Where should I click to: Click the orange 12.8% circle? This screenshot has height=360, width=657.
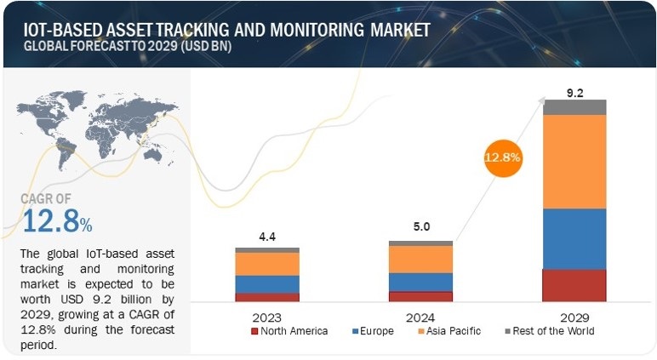(x=503, y=157)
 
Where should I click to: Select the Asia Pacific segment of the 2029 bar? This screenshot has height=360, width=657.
(x=574, y=161)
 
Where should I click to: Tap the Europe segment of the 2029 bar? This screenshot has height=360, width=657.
(x=574, y=238)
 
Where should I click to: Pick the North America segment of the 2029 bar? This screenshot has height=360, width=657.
(x=574, y=285)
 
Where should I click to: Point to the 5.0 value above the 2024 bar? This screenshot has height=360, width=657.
(x=420, y=227)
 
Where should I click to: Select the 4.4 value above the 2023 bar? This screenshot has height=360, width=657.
(x=266, y=235)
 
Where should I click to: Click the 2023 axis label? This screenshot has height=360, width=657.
(x=266, y=315)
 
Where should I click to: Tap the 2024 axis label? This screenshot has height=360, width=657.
(x=420, y=315)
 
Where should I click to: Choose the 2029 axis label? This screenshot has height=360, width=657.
(x=575, y=315)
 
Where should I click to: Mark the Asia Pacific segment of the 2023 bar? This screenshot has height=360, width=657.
(x=266, y=264)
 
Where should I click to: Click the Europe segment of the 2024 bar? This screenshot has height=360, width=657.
(x=420, y=282)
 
